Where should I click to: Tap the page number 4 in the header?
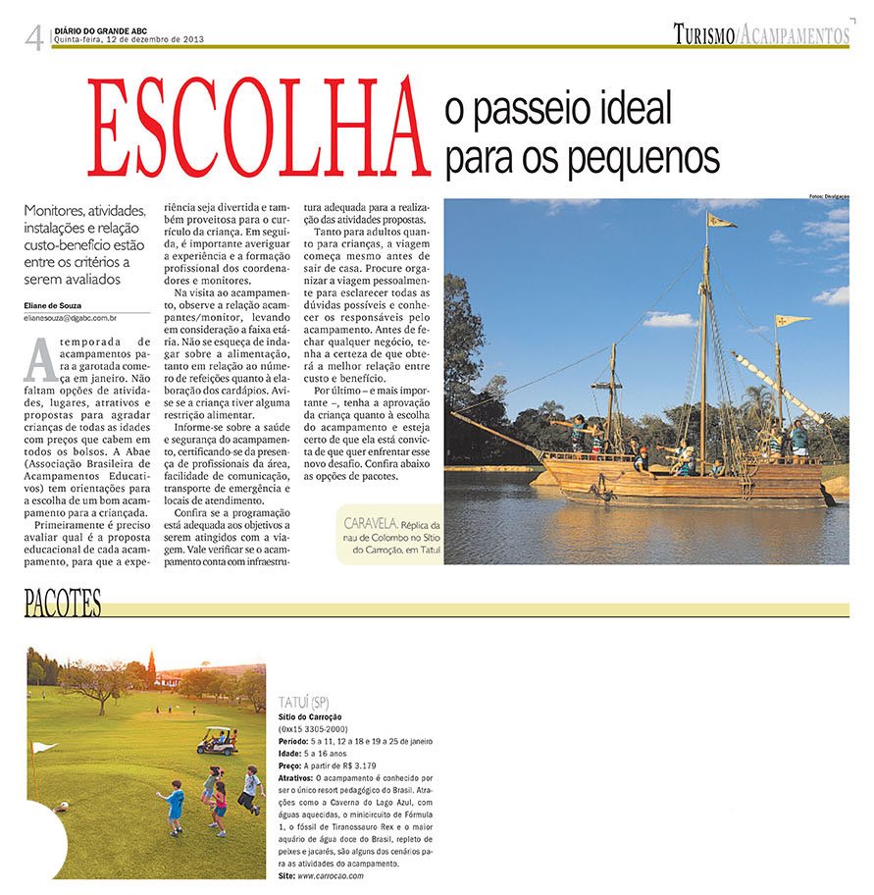click(35, 38)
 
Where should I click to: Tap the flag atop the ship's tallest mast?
click(721, 221)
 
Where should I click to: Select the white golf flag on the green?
click(43, 748)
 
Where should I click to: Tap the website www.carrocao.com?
click(330, 875)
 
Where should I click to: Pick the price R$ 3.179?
click(355, 764)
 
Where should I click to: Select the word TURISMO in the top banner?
click(703, 36)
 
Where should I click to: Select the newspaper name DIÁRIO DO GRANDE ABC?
click(103, 29)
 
